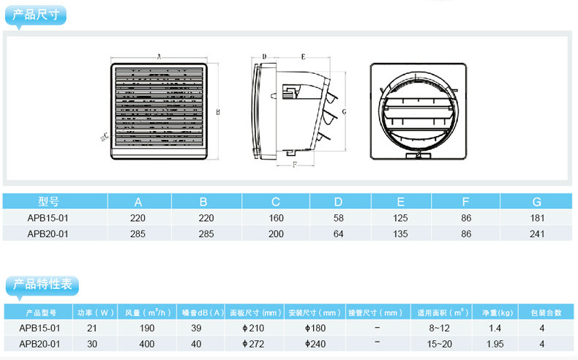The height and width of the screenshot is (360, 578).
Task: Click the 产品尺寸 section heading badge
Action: click(x=35, y=15)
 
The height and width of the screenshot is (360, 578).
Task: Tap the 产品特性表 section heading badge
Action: click(x=42, y=285)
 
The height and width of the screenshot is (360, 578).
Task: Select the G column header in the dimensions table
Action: click(x=537, y=201)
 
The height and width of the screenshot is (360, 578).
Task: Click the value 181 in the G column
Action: click(x=537, y=218)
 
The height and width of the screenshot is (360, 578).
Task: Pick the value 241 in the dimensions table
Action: click(x=537, y=234)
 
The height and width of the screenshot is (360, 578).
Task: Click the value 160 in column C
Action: click(x=276, y=218)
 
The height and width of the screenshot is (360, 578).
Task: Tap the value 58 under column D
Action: click(x=339, y=218)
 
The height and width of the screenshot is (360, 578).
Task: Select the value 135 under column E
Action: click(x=400, y=234)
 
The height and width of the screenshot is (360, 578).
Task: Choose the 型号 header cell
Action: click(x=48, y=201)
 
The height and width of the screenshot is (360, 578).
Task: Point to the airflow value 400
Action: click(x=147, y=344)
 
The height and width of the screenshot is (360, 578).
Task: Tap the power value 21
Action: click(x=91, y=328)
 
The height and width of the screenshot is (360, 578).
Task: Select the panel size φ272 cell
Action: click(x=254, y=344)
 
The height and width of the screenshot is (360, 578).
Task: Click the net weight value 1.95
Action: click(x=495, y=344)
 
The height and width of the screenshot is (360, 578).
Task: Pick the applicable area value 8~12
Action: click(x=440, y=328)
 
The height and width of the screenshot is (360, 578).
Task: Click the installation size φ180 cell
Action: click(x=315, y=328)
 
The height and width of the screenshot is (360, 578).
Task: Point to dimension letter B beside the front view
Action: click(x=218, y=112)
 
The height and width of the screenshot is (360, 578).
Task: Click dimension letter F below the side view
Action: click(x=295, y=165)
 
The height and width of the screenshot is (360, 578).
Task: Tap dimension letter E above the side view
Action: click(x=303, y=57)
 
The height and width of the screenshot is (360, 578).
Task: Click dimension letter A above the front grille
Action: click(x=159, y=57)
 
